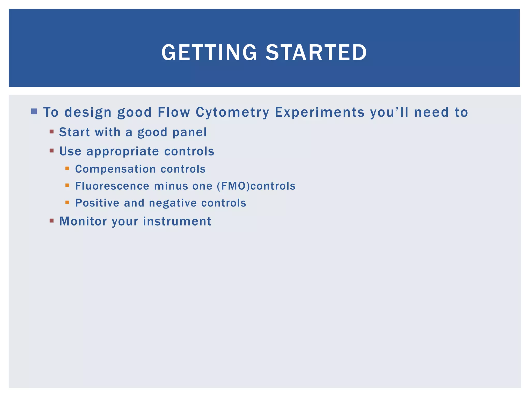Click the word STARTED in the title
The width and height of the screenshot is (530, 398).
click(x=316, y=52)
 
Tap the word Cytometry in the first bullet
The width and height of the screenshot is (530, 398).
click(x=232, y=112)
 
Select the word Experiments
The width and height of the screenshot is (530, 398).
click(x=320, y=112)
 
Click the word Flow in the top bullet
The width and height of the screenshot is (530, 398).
click(x=174, y=112)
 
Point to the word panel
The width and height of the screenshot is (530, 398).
click(x=189, y=132)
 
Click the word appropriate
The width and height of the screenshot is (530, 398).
click(x=123, y=151)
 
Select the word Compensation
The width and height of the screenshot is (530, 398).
click(x=115, y=169)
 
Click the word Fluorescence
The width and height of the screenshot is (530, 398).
click(x=112, y=186)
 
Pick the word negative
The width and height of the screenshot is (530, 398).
click(x=173, y=203)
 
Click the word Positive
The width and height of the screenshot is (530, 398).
click(x=97, y=203)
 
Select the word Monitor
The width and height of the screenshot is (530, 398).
click(x=83, y=221)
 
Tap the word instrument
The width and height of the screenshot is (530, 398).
click(x=177, y=221)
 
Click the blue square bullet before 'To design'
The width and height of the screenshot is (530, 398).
click(x=34, y=112)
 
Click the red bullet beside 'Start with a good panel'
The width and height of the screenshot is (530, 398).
click(x=51, y=132)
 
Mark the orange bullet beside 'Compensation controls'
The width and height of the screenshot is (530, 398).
click(x=67, y=168)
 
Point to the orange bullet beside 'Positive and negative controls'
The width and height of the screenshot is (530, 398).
click(x=67, y=202)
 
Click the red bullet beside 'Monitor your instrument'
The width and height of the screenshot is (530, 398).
click(x=51, y=221)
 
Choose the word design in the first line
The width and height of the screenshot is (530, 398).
click(x=88, y=112)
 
